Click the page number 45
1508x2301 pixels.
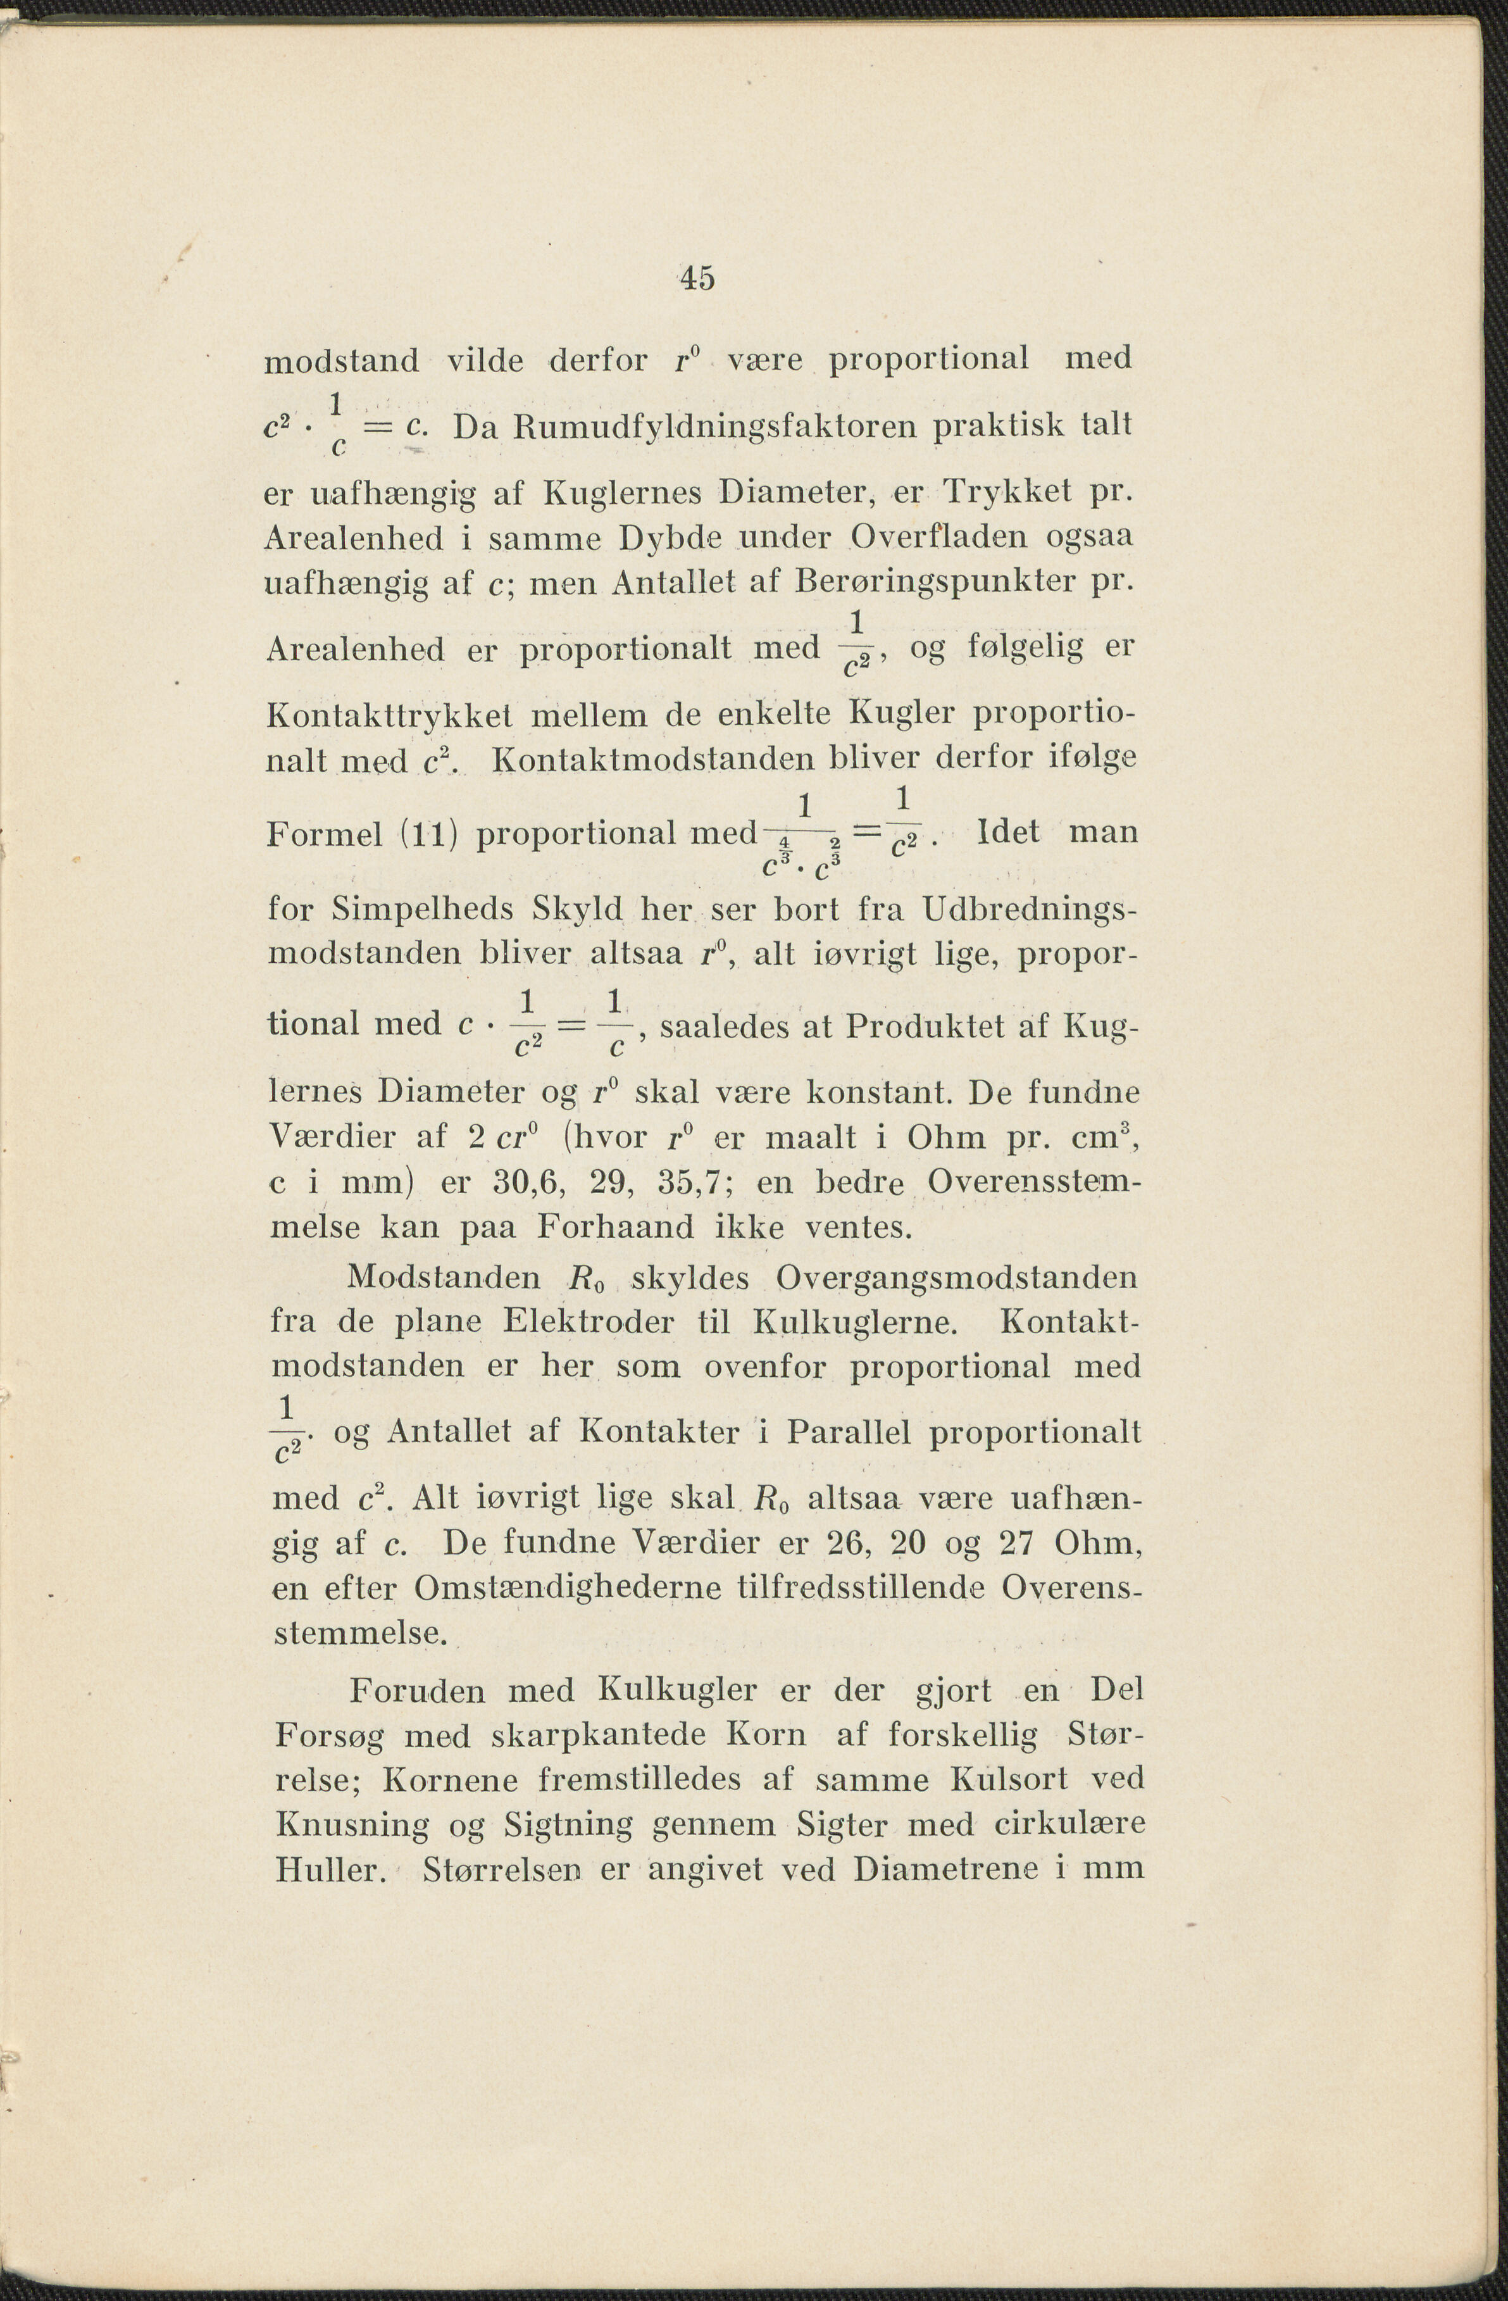(x=697, y=279)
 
